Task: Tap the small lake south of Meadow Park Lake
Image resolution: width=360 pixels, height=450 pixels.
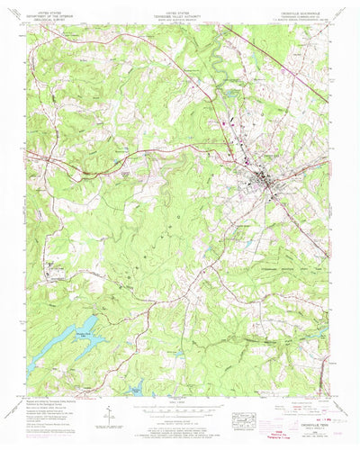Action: [136, 390]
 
